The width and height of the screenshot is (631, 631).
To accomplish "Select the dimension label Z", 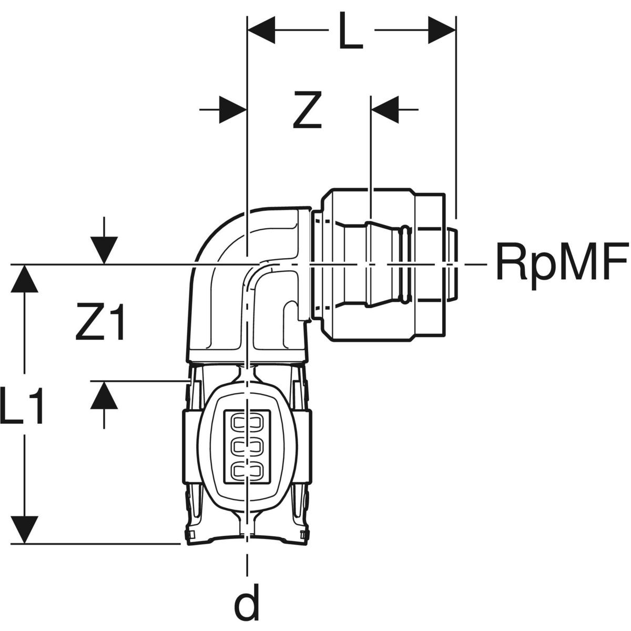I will [308, 111].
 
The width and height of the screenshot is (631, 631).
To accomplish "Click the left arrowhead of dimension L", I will [261, 30].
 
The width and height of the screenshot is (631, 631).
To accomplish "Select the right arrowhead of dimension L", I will [442, 30].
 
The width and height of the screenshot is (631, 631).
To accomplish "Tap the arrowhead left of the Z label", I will [232, 109].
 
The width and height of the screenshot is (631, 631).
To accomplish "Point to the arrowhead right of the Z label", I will [385, 109].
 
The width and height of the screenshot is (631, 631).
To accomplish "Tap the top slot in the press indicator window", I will [246, 422].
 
